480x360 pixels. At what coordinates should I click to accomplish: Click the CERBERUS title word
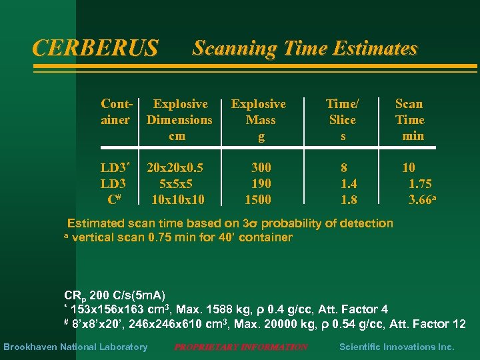[x=95, y=48]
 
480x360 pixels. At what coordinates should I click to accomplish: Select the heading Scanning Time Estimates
[x=305, y=48]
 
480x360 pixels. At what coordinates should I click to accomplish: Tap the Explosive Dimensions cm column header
[x=179, y=120]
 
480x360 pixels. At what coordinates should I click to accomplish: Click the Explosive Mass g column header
[x=259, y=120]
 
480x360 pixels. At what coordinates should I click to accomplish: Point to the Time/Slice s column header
[x=342, y=120]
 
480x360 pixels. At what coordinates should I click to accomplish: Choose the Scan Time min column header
[x=409, y=120]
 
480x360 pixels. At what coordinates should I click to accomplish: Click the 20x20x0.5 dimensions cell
[x=176, y=167]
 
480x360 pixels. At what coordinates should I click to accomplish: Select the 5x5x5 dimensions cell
[x=177, y=183]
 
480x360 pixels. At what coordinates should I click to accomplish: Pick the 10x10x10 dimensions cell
[x=178, y=199]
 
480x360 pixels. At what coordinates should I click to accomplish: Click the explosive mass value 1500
[x=258, y=199]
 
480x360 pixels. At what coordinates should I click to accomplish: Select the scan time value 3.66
[x=421, y=199]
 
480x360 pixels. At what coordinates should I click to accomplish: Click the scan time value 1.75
[x=419, y=183]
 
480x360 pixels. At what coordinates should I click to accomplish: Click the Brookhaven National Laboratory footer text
[x=75, y=347]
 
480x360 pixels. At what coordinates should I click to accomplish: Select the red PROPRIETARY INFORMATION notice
[x=241, y=347]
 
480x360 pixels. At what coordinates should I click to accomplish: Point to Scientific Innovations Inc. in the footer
[x=397, y=347]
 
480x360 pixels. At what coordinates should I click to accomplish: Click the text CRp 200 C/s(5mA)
[x=115, y=295]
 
